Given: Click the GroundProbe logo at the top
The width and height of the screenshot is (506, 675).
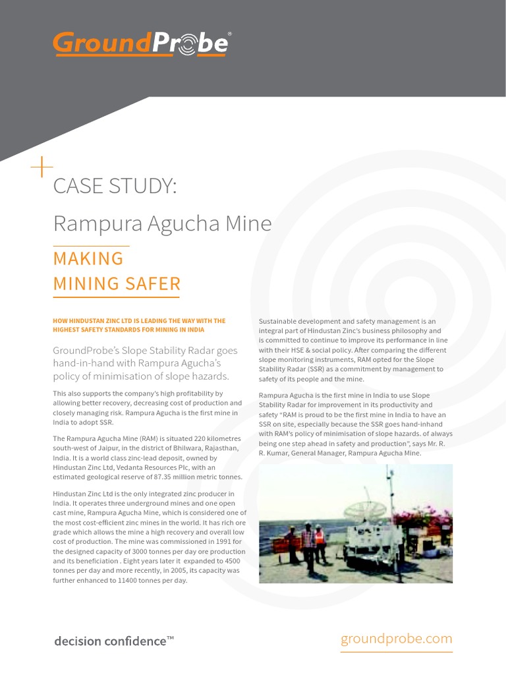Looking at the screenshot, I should [141, 44].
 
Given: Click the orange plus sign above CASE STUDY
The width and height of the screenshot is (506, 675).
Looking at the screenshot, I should [42, 169].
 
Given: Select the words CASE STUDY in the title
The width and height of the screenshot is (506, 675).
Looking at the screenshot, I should [115, 186].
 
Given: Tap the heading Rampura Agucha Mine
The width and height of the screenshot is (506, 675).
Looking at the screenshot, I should [162, 223].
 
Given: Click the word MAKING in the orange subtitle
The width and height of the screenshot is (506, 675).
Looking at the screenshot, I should [88, 258].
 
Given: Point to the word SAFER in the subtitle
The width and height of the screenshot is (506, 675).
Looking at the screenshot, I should [156, 284].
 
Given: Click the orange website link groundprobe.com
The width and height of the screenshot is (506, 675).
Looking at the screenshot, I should [397, 638].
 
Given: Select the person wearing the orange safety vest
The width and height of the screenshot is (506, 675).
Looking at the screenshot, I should [320, 543].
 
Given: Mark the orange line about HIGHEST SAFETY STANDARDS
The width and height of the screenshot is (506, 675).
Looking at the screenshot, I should [128, 329].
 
